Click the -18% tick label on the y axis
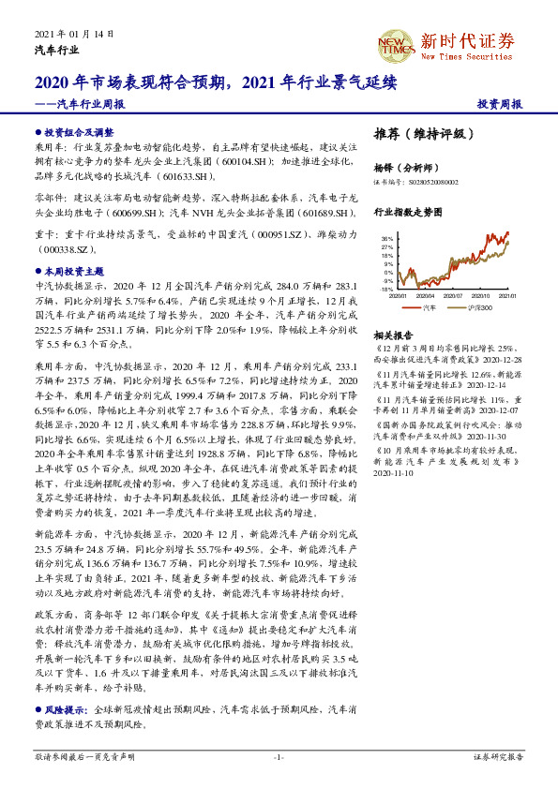coord(386,290)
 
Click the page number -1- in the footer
coord(279,755)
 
